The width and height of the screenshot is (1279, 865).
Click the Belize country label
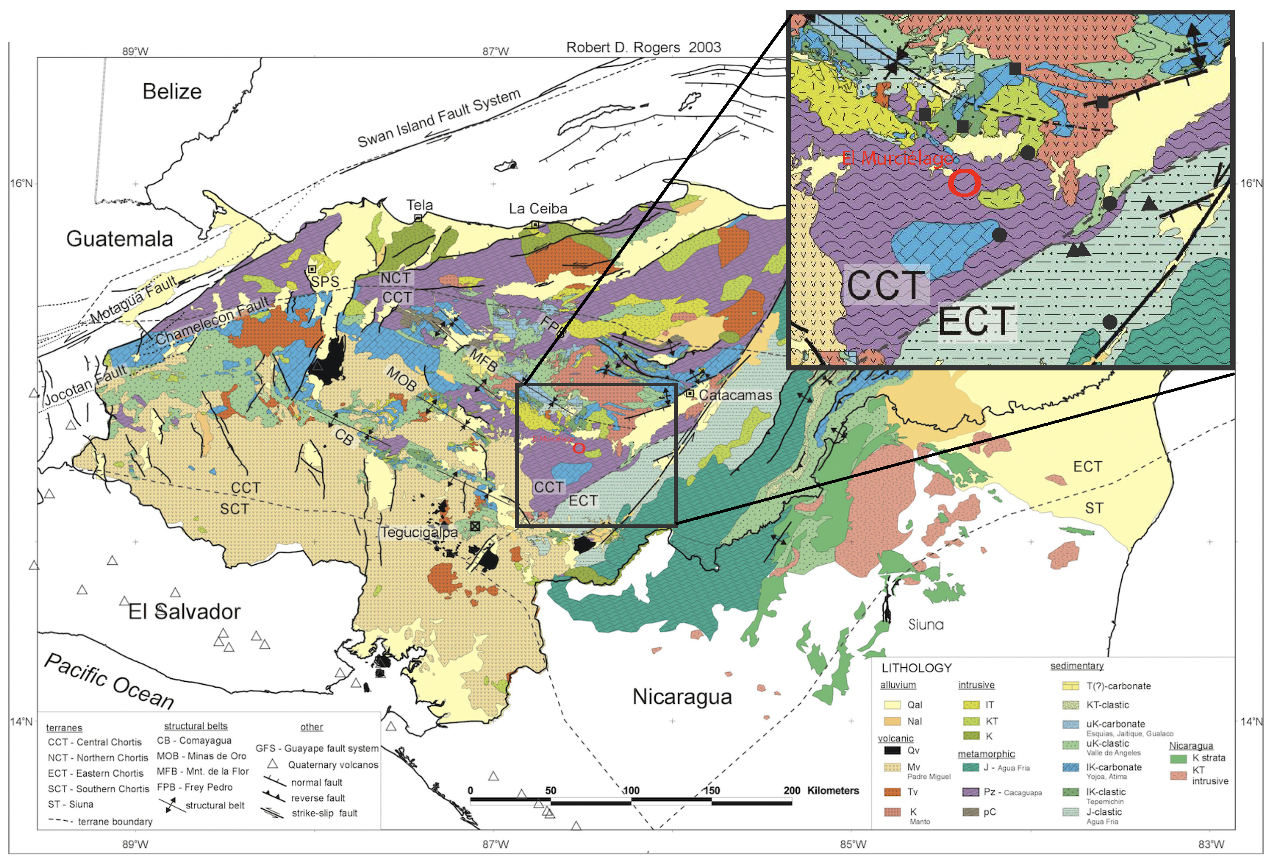click(x=172, y=91)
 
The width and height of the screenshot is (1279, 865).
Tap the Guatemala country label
click(x=119, y=239)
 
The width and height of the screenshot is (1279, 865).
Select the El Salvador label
click(x=185, y=612)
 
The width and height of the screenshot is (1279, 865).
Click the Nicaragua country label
click(x=682, y=697)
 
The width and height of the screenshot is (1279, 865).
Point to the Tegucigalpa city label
click(x=419, y=532)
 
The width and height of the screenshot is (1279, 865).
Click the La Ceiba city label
click(x=538, y=209)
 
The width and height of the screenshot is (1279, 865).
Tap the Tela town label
click(x=419, y=205)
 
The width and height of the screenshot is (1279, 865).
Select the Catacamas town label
click(x=735, y=396)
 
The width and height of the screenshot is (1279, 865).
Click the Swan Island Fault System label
click(x=439, y=118)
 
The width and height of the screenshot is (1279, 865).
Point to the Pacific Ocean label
click(x=109, y=681)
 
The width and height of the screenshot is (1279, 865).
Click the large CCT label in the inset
click(x=886, y=285)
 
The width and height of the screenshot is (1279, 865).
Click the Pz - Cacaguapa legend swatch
click(x=970, y=792)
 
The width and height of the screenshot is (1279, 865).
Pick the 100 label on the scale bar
click(x=631, y=790)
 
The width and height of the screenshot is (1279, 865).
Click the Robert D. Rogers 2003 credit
click(x=643, y=47)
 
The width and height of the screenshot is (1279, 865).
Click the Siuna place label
click(x=926, y=624)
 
